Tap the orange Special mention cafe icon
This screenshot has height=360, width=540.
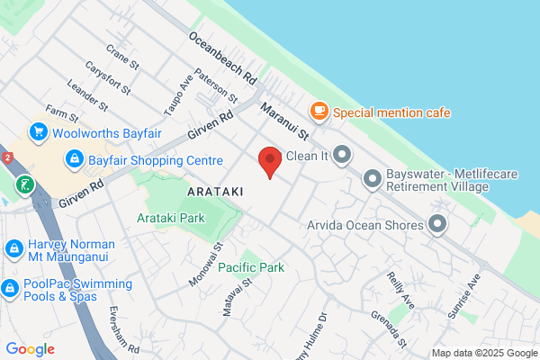pos(319,112)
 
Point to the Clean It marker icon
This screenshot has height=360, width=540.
pos(342,156)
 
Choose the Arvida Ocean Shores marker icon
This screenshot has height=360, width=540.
pos(438,224)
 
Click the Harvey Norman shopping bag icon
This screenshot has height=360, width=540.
pos(13,247)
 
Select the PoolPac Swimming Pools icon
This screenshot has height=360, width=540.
pos(10,288)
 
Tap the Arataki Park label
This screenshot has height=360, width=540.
pos(171,218)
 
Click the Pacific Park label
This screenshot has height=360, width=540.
pos(251,267)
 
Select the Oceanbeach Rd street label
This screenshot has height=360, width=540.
pos(223,55)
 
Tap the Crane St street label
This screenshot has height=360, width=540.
pos(122,59)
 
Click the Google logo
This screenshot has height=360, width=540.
pos(30,349)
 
